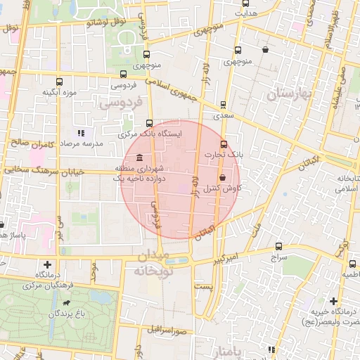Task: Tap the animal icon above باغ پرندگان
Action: click(67, 304)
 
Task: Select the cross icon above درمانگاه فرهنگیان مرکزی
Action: click(46, 265)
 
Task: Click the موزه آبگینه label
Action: click(59, 91)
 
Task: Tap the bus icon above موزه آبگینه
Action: click(59, 81)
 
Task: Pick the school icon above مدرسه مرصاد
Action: click(79, 132)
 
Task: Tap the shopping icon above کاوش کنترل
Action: click(223, 177)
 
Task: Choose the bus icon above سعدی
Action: click(224, 104)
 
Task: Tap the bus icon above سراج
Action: click(280, 247)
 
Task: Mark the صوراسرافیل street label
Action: click(167, 328)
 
